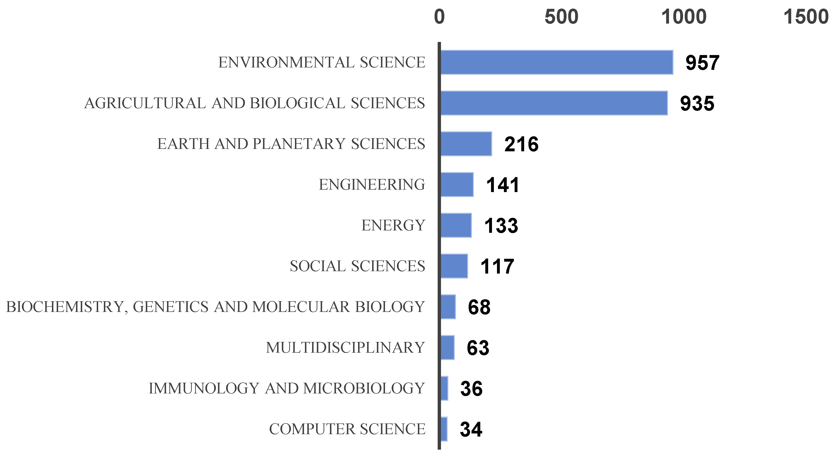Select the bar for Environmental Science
[557, 62]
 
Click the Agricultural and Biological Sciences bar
[554, 103]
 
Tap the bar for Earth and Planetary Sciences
[466, 144]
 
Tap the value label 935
[697, 104]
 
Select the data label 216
[521, 144]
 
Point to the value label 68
[479, 307]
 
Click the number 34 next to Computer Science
[471, 429]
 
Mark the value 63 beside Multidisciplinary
[478, 348]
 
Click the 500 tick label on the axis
[562, 17]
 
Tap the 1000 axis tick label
[684, 17]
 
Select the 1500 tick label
[806, 17]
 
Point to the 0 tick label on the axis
[439, 17]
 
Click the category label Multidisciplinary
[345, 348]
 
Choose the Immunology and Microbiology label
[287, 388]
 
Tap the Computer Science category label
[347, 429]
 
